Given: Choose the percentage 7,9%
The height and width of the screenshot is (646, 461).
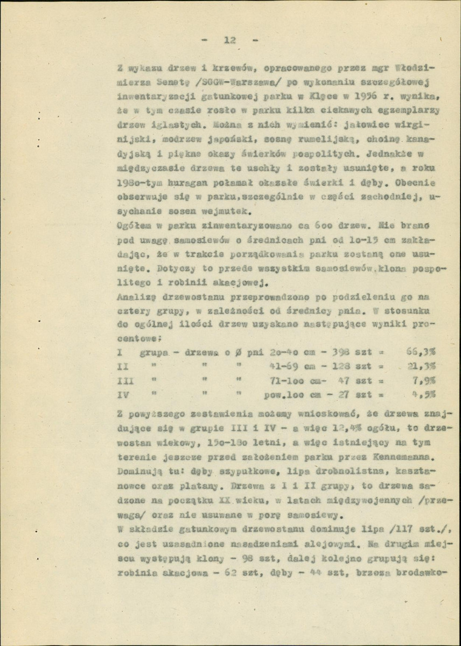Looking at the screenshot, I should coord(424,379).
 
